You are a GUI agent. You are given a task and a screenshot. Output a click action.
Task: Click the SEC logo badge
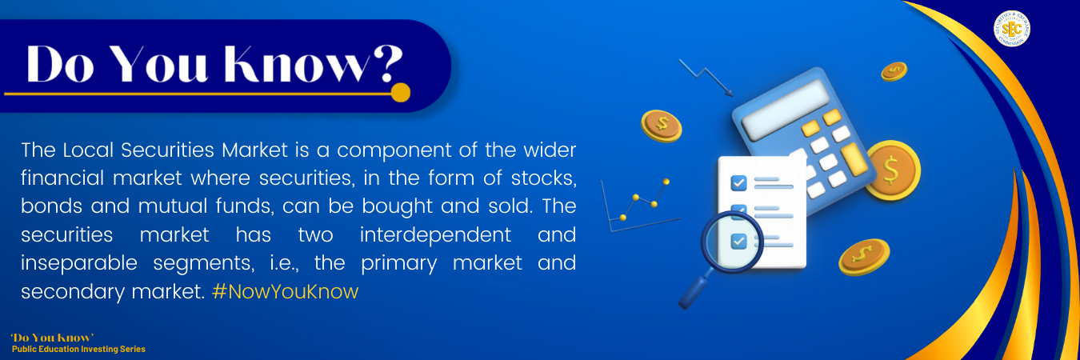[1012, 29]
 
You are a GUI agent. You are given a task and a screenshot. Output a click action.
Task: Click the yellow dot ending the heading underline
[400, 93]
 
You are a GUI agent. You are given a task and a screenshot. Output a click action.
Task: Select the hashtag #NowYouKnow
[286, 291]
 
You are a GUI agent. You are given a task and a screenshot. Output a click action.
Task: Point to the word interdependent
[435, 234]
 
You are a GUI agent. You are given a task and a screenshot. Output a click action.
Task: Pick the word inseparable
[79, 263]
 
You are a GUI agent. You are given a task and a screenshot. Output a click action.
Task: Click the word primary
[398, 263]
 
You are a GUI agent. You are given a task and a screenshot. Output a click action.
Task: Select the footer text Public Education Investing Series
[78, 350]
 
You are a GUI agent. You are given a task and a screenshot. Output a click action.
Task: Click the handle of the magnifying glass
[694, 289]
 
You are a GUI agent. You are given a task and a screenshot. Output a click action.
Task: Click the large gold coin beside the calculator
[893, 170]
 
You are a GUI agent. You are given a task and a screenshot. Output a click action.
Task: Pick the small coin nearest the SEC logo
[894, 71]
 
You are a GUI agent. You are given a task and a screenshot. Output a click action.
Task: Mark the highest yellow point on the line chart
[666, 182]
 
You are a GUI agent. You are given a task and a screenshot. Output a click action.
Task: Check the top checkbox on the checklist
[738, 182]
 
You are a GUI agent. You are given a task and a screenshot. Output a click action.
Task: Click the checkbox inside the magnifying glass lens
[738, 241]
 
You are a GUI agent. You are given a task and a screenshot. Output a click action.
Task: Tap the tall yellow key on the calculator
[854, 160]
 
